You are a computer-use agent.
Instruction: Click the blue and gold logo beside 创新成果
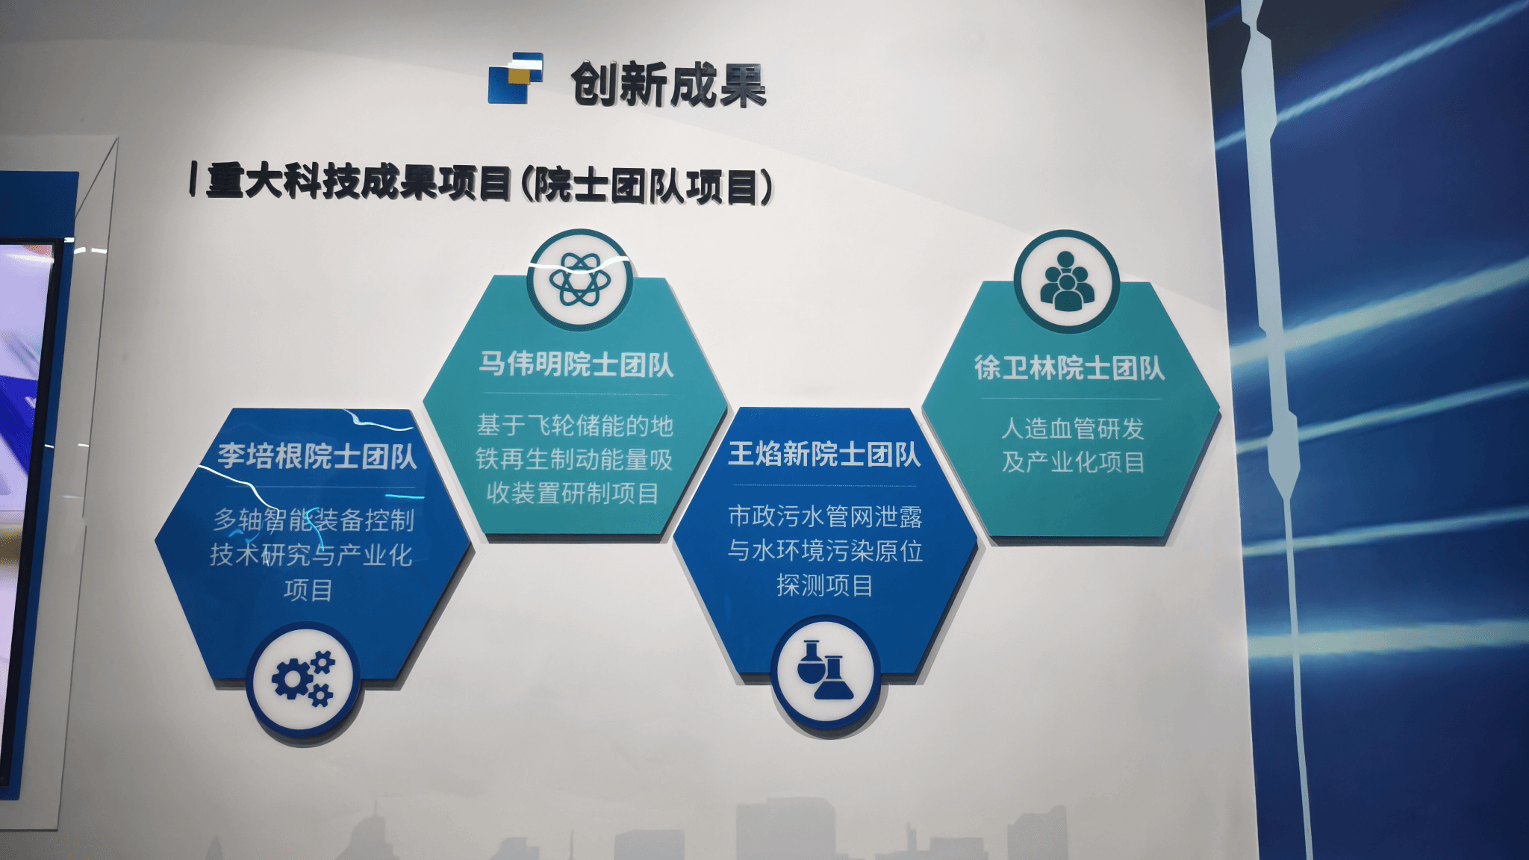tap(515, 78)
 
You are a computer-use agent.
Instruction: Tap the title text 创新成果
tap(669, 84)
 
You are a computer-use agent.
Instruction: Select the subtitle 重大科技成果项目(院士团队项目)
tap(490, 184)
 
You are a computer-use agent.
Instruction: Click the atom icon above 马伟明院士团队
tap(579, 280)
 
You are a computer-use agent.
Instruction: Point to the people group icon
tap(1066, 281)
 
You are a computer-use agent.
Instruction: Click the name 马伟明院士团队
tap(576, 364)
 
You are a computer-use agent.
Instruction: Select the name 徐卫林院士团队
tap(1069, 367)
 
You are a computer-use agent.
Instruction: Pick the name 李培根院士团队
tap(317, 456)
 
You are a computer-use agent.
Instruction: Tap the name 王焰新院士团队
tap(824, 454)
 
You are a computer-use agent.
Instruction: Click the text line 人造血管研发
tap(1073, 429)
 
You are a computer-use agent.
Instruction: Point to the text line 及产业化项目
tap(1073, 462)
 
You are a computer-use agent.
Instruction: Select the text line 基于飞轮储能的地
tap(575, 426)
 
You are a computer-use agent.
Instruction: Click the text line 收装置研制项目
tap(573, 493)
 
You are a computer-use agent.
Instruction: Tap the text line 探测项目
tap(824, 585)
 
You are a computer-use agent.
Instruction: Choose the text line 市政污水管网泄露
tap(825, 517)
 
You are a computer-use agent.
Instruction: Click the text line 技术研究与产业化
tap(311, 555)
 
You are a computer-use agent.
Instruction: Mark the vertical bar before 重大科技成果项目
tap(193, 179)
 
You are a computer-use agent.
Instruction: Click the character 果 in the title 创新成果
tap(742, 85)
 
